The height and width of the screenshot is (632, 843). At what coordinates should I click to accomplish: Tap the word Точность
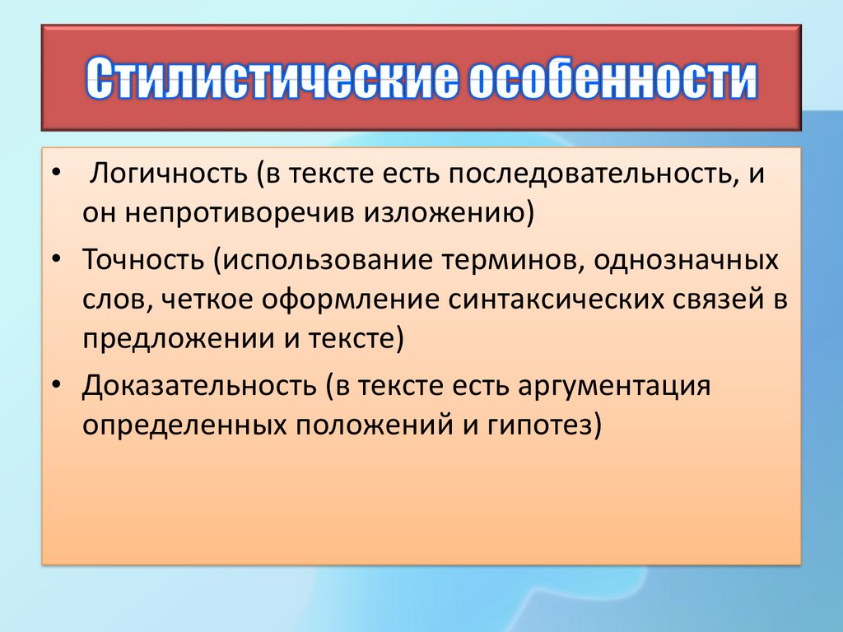[143, 259]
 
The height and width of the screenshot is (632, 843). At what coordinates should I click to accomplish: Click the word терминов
[514, 260]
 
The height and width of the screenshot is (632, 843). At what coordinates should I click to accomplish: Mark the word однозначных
[686, 260]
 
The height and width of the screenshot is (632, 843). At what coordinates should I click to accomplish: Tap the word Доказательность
[199, 386]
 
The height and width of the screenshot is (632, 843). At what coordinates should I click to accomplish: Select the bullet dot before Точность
[57, 260]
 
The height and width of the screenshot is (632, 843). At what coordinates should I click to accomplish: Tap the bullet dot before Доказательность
[57, 386]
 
